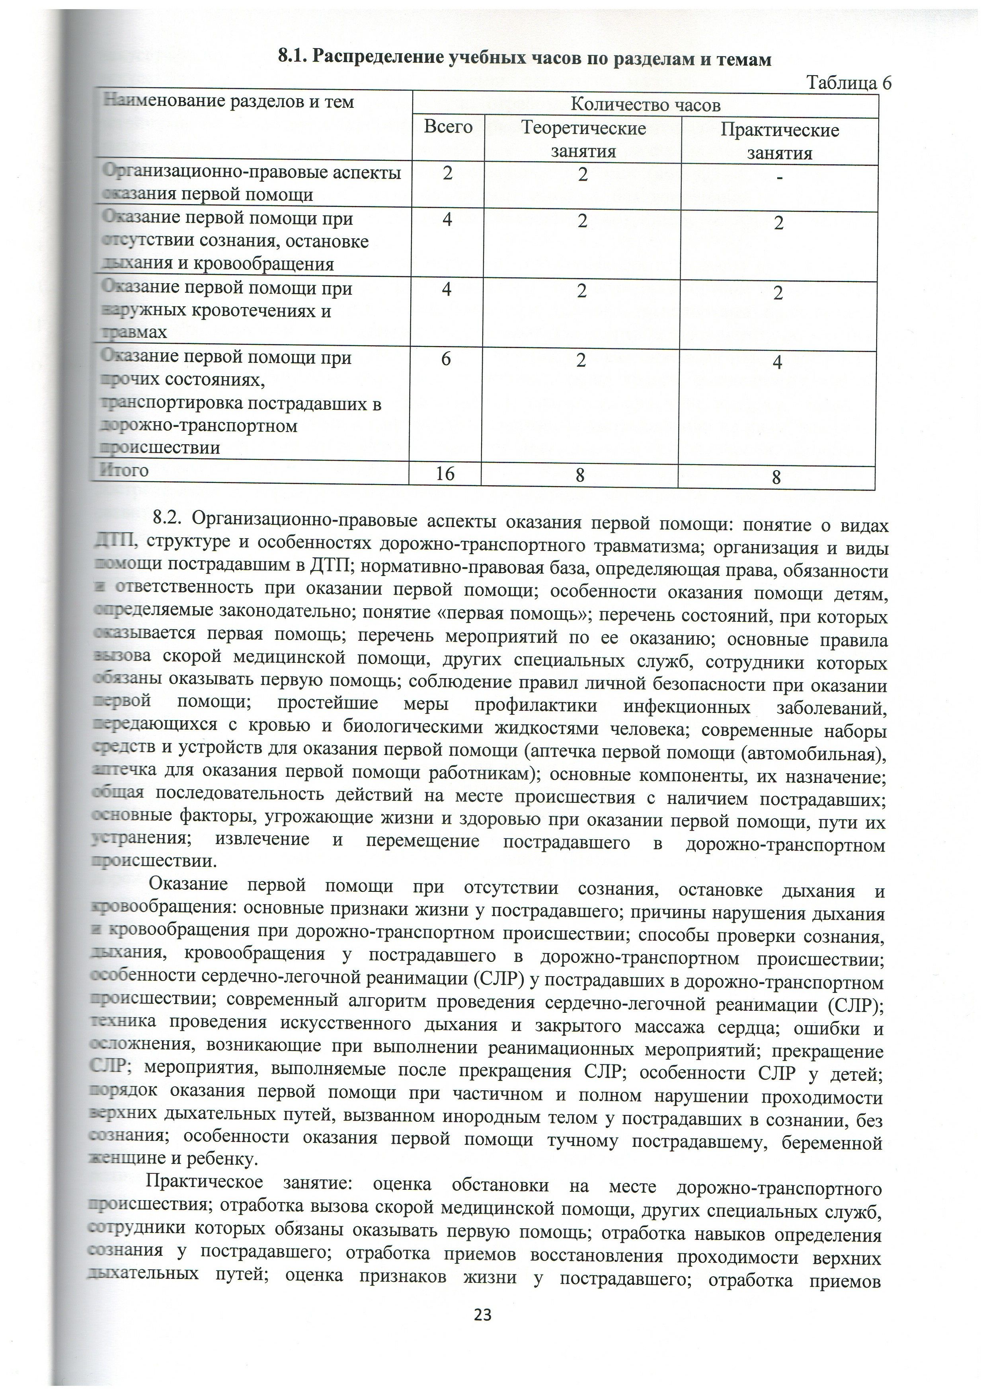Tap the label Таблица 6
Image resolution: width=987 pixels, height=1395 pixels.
coord(848,83)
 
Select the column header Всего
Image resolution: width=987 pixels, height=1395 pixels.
coord(448,127)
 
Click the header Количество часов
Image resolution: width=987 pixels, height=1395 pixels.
coord(646,105)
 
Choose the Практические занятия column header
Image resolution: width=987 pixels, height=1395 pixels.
coord(780,142)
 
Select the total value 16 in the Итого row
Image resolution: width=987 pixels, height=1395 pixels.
coord(445,473)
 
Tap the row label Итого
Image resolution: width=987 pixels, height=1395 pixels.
coord(125,470)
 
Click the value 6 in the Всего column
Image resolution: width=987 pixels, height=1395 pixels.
coord(446,359)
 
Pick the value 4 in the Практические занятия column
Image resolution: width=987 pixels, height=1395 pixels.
coord(777,363)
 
